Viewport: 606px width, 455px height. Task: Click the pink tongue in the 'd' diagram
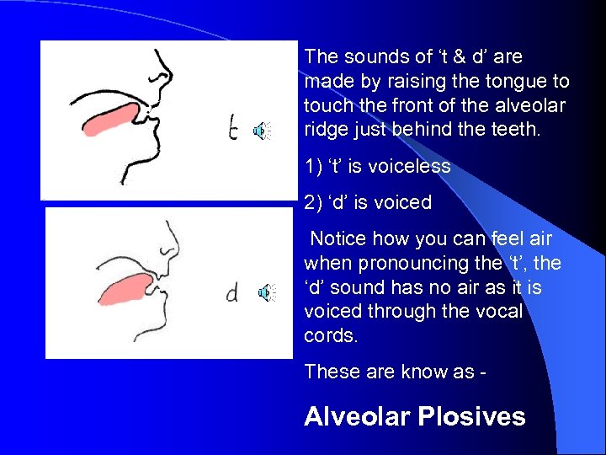pos(118,287)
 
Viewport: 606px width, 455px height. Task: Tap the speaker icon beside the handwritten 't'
pos(263,130)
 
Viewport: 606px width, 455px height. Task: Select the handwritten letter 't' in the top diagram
pos(236,128)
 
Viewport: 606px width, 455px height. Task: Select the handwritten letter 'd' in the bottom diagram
pos(231,292)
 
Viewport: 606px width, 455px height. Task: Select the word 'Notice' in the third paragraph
pos(338,240)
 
